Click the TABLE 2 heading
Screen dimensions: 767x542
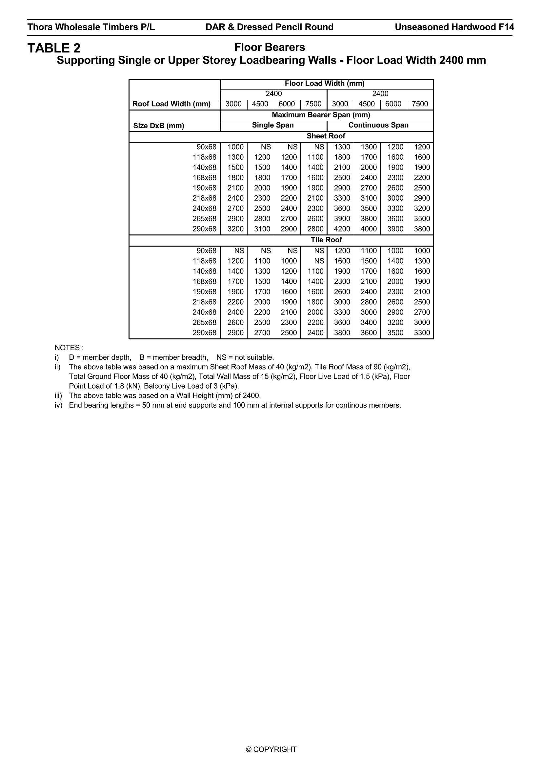[x=54, y=48]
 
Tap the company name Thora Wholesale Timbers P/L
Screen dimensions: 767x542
[x=91, y=27]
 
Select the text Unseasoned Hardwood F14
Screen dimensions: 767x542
[x=454, y=27]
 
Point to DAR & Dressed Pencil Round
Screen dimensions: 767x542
[x=270, y=27]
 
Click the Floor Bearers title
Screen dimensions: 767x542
[x=270, y=48]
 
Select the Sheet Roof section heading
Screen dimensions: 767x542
[x=326, y=136]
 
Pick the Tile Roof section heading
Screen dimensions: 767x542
[x=326, y=240]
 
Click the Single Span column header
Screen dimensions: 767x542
[x=273, y=125]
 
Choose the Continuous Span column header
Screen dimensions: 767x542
[x=378, y=125]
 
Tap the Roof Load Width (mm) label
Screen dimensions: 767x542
[x=172, y=104]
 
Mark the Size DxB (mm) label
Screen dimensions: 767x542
[x=159, y=126]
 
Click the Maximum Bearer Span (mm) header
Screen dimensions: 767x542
[x=321, y=115]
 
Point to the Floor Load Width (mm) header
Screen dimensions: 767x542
[x=324, y=84]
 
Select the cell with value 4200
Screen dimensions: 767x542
[x=342, y=229]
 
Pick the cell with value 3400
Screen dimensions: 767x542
[x=369, y=322]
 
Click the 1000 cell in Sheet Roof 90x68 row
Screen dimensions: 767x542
[x=235, y=147]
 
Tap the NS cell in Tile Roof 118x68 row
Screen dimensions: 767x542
[x=319, y=261]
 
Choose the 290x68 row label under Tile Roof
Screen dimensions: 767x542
[x=204, y=333]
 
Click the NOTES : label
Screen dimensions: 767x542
[x=69, y=348]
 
